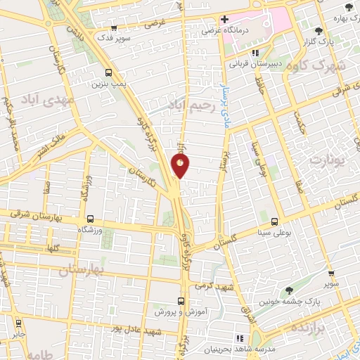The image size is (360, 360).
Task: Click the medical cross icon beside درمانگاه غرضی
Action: tap(224, 19)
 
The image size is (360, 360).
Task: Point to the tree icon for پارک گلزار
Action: tap(319, 31)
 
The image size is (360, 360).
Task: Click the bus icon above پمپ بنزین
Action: tap(108, 72)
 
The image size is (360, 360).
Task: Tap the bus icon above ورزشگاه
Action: tap(89, 219)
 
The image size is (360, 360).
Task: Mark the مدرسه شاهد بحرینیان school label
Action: tap(242, 348)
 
